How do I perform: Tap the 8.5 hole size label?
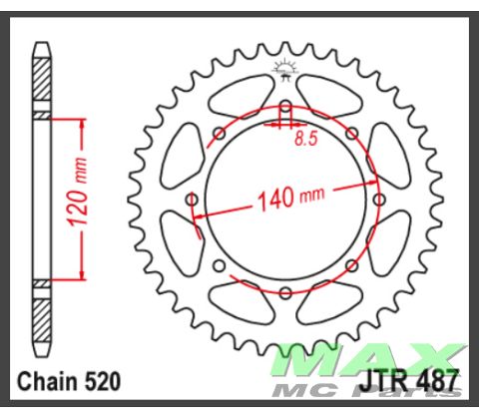(306, 141)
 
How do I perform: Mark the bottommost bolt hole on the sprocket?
(286, 291)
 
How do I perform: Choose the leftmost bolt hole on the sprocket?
(194, 200)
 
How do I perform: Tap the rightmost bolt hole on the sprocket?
(378, 200)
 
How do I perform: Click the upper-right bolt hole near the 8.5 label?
(351, 134)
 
